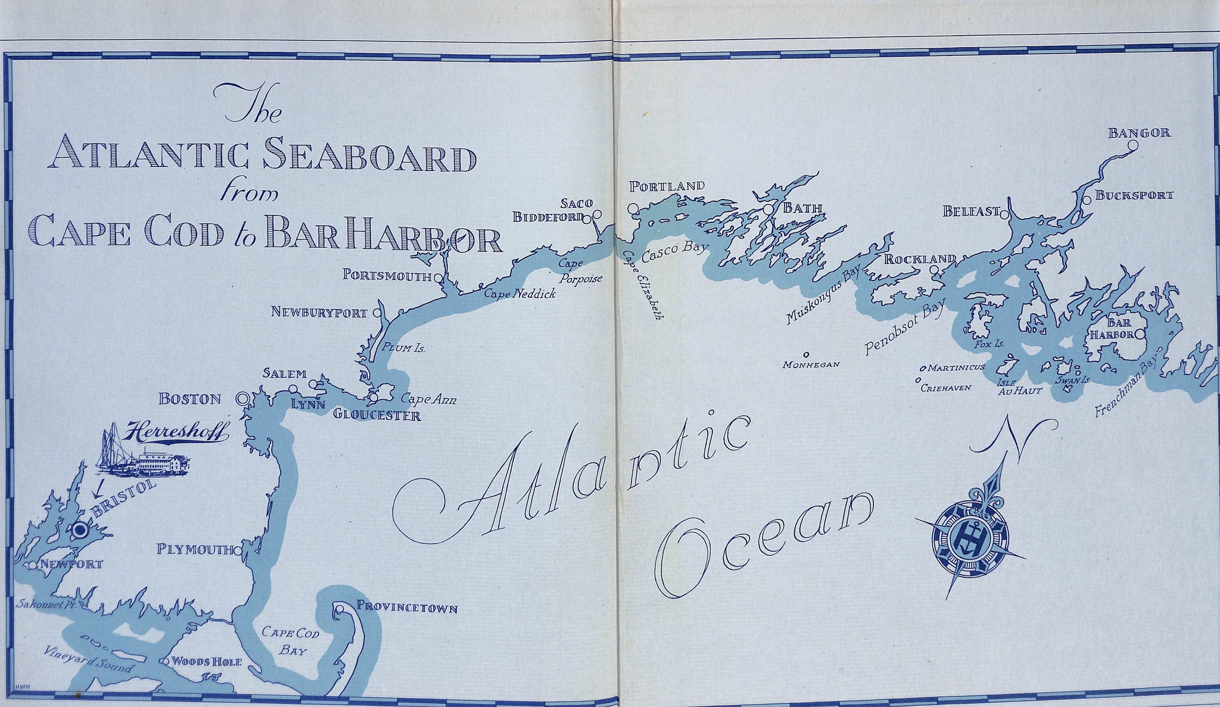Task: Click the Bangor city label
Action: pos(1139,133)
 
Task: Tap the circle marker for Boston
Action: pos(242,399)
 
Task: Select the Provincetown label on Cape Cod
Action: pos(407,608)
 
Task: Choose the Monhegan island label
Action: pos(811,365)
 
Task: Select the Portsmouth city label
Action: pos(387,275)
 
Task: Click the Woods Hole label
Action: pos(206,662)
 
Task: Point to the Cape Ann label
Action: pos(428,400)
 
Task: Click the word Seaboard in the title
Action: pos(369,158)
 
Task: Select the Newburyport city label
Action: pos(319,312)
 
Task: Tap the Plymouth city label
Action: pos(194,549)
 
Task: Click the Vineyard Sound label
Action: pos(88,659)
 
